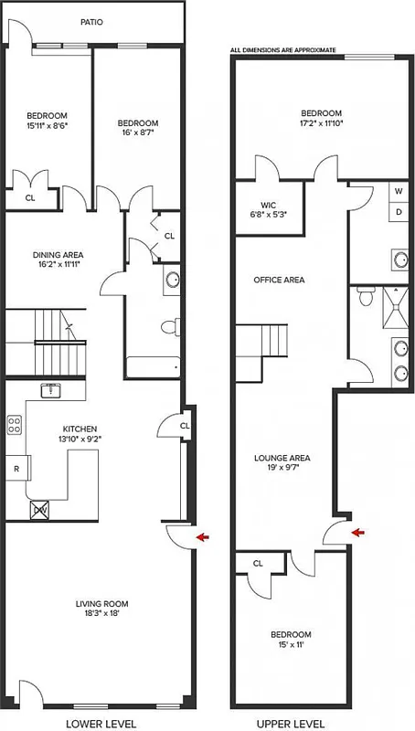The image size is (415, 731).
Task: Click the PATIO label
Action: coord(90,21)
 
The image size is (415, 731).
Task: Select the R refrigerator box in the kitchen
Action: coord(16,469)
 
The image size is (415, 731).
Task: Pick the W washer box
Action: coord(399,192)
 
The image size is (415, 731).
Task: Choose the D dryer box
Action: coord(399,212)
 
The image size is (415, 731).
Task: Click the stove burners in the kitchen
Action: coord(15,424)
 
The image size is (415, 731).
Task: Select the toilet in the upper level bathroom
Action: coord(367,296)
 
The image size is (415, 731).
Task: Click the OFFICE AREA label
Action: coord(279,280)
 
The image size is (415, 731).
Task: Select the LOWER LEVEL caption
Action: coord(101,724)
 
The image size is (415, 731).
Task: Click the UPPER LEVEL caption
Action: coord(290,724)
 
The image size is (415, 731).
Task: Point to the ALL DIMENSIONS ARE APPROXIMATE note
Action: coord(283,49)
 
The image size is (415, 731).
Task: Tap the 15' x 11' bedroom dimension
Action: coord(290,645)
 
